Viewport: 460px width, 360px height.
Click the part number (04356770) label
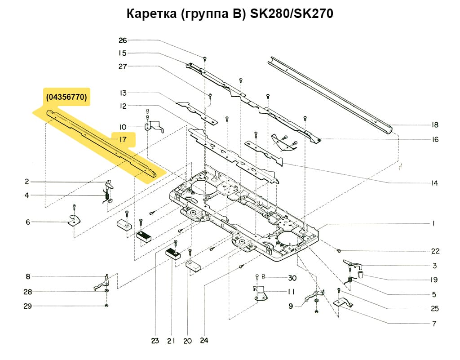pyautogui.click(x=66, y=97)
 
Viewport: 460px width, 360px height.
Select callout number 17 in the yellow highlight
pyautogui.click(x=122, y=139)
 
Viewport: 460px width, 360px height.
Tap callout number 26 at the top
pyautogui.click(x=123, y=40)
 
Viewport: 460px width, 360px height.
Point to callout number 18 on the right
pyautogui.click(x=434, y=125)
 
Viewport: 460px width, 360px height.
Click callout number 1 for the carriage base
pyautogui.click(x=434, y=223)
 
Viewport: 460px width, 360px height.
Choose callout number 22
pyautogui.click(x=435, y=251)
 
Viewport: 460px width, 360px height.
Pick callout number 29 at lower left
pyautogui.click(x=27, y=306)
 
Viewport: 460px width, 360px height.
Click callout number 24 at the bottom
pyautogui.click(x=205, y=341)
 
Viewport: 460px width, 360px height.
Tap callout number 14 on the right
pyautogui.click(x=434, y=183)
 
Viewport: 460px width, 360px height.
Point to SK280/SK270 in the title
pyautogui.click(x=290, y=14)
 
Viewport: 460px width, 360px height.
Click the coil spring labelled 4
pyautogui.click(x=106, y=196)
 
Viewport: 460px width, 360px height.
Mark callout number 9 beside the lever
pyautogui.click(x=291, y=306)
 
